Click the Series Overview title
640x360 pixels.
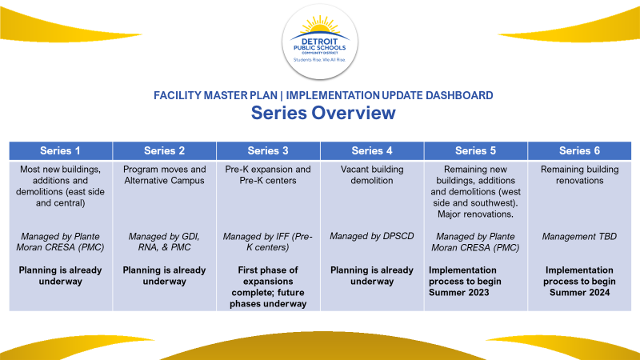pos(322,113)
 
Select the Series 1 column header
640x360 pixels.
pos(60,150)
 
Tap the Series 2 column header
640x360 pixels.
pos(165,150)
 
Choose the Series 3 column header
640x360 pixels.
pos(268,150)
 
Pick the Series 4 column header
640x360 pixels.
pos(372,150)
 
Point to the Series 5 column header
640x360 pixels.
pos(476,150)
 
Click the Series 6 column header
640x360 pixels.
pos(580,150)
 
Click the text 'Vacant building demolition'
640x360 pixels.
pos(372,175)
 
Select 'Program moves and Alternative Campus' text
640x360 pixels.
pos(165,175)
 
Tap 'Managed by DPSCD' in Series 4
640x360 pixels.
pos(372,236)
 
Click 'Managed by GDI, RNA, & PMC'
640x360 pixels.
pos(165,242)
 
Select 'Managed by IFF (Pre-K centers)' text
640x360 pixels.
pos(268,242)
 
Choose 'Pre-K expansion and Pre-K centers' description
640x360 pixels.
pos(268,175)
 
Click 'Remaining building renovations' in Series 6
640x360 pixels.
pos(580,175)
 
